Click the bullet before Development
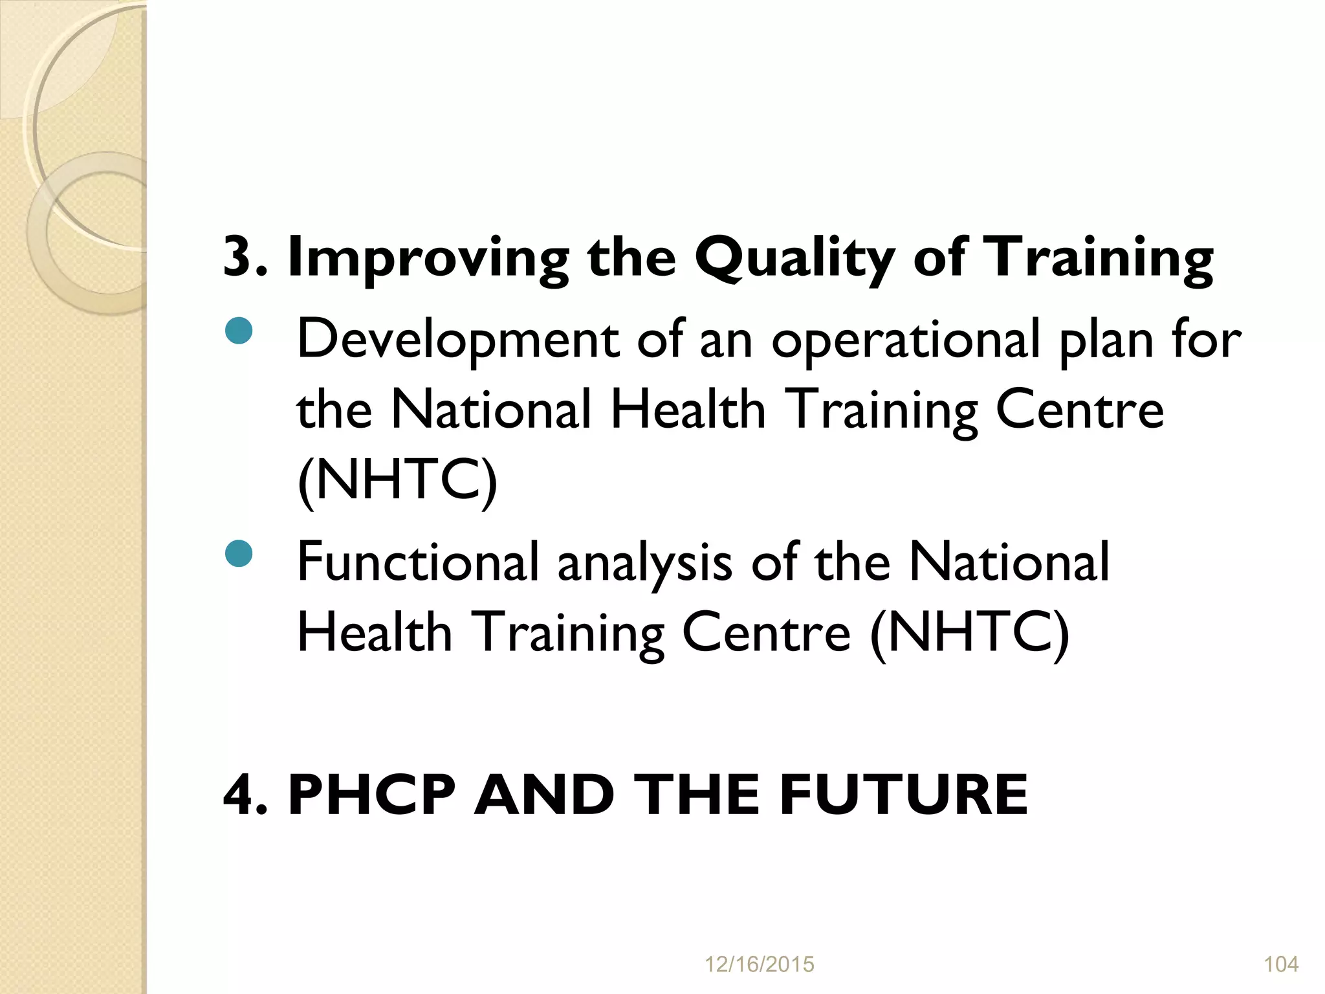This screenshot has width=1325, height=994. [x=239, y=331]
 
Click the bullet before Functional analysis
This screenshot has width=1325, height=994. [x=239, y=554]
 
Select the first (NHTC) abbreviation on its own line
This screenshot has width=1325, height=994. [x=397, y=480]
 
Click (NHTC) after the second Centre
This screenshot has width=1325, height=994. [x=969, y=633]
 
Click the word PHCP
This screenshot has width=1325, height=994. [x=372, y=795]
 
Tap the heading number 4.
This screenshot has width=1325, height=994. [x=240, y=795]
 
